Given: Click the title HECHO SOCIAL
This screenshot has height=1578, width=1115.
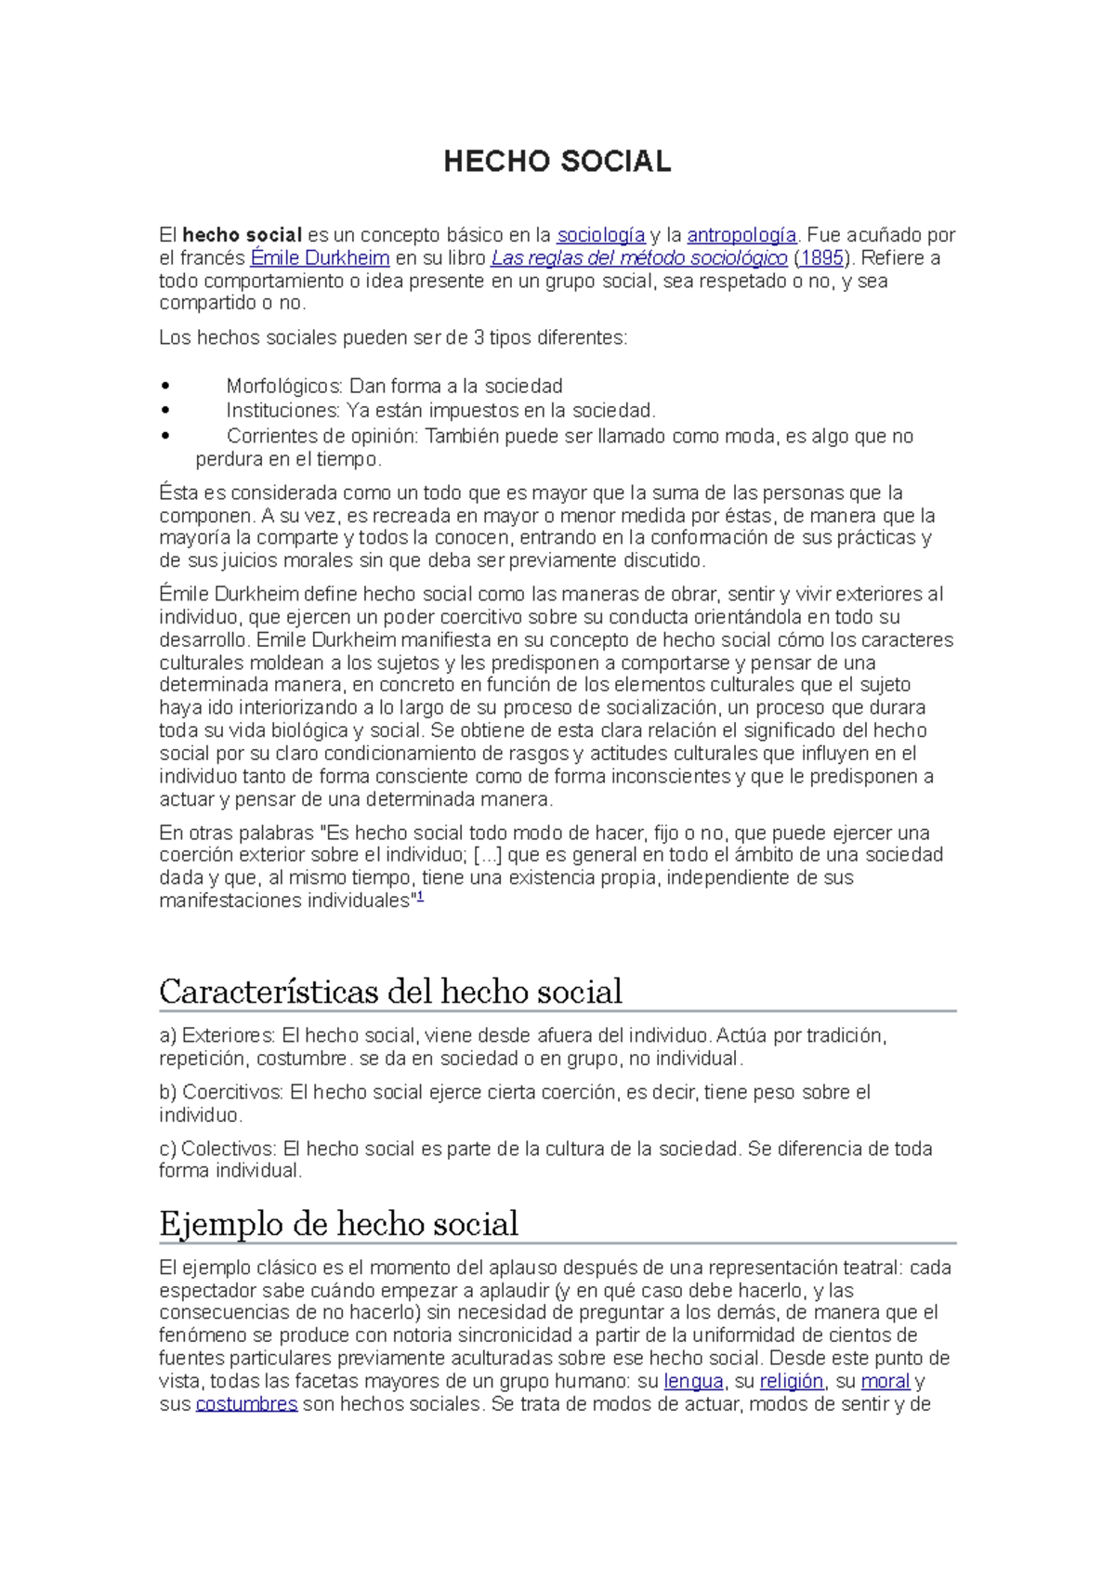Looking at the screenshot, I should (557, 162).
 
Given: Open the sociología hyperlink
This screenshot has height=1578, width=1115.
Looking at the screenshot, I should (600, 235).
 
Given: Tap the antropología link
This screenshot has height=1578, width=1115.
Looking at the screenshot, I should (741, 235).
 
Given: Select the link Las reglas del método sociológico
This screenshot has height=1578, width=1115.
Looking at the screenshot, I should (638, 258).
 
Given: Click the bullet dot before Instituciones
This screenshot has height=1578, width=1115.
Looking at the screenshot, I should (166, 411).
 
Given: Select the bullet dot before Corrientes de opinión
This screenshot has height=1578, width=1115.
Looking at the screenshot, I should (166, 436).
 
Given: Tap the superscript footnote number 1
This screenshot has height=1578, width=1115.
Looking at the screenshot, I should (420, 898).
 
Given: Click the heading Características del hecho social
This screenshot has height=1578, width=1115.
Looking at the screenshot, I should (390, 992).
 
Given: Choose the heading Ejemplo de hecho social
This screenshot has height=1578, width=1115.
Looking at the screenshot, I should (338, 1224).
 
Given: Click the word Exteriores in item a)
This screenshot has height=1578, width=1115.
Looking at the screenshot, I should (228, 1036).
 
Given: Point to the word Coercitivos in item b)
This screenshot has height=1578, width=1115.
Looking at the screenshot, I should (232, 1093).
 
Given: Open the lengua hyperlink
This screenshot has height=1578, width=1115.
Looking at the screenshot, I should (693, 1382).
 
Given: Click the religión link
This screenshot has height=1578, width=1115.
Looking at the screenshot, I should (792, 1382).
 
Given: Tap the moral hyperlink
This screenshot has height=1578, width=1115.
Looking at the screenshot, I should (885, 1382).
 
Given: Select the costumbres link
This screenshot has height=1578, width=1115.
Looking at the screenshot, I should (246, 1404).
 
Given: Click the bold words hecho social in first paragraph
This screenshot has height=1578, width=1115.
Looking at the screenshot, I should (243, 235).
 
